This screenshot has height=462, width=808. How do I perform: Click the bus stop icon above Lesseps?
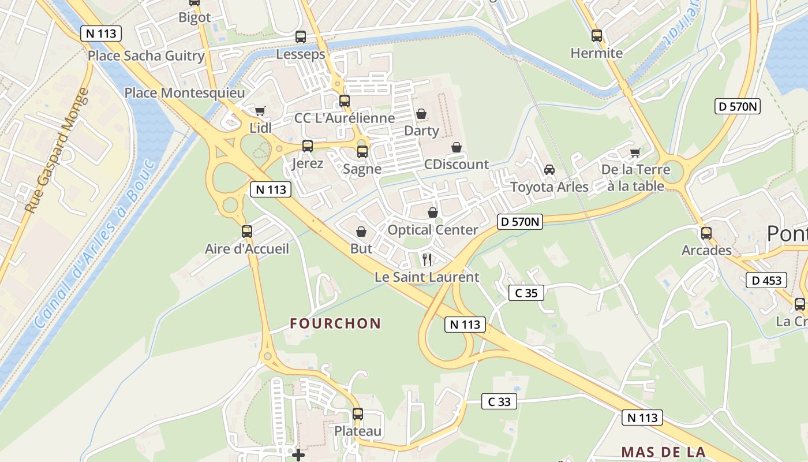point(300,37)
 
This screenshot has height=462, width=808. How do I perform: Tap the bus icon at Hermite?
point(597,36)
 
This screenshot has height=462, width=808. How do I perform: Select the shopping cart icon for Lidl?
point(260,111)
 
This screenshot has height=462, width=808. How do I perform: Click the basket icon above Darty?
point(421,114)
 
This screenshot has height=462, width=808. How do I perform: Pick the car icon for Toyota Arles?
point(549,170)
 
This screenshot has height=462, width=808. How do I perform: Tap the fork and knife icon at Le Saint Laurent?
point(427,260)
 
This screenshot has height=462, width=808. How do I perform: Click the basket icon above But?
point(361,232)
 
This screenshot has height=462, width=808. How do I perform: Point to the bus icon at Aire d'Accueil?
point(247,232)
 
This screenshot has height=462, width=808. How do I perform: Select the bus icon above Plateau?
point(358,414)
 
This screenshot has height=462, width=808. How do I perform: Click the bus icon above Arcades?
point(706,233)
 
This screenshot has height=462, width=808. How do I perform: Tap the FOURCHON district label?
point(335,323)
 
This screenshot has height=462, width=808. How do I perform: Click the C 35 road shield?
point(526,293)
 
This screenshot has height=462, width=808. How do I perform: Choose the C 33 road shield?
point(499,401)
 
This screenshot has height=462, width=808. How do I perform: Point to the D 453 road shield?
point(766,281)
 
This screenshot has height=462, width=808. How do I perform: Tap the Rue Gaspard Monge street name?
point(58,150)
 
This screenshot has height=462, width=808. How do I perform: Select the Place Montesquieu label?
point(185,93)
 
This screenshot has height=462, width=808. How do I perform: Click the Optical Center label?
point(433,230)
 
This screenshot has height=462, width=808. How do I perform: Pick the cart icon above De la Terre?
point(635,153)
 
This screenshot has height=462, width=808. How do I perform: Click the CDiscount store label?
point(457,165)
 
